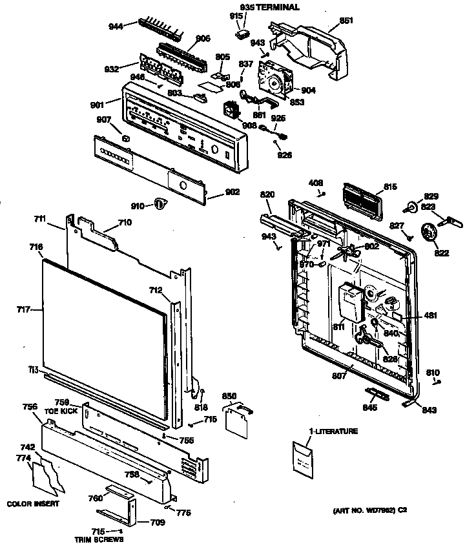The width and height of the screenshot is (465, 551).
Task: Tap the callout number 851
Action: [x=346, y=21]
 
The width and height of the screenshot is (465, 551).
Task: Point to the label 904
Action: [x=308, y=90]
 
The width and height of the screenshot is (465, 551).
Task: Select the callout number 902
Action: [x=232, y=192]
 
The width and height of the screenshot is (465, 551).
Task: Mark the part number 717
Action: [x=24, y=310]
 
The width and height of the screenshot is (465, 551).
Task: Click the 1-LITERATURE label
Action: [x=333, y=431]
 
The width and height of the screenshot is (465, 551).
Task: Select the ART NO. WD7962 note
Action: [x=370, y=510]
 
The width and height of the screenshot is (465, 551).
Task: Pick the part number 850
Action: [x=229, y=395]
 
